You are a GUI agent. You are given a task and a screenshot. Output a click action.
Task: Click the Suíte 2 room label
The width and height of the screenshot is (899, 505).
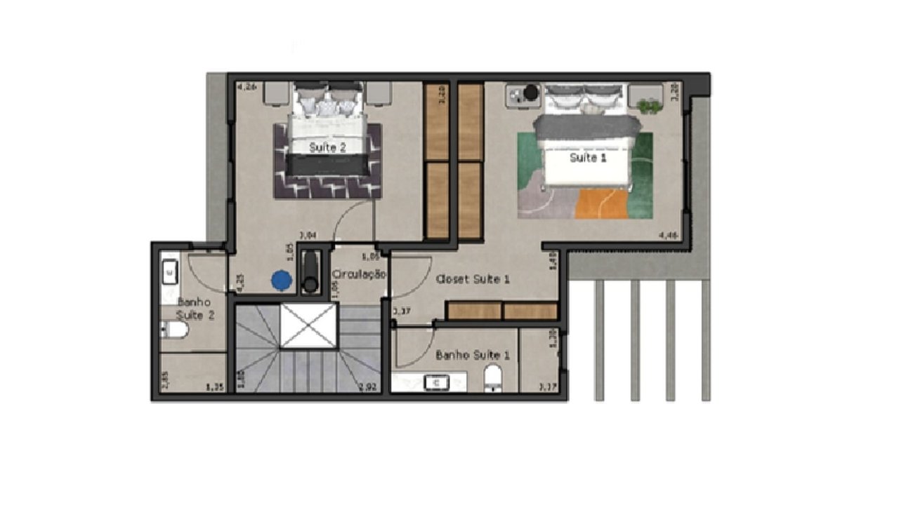[x=328, y=148]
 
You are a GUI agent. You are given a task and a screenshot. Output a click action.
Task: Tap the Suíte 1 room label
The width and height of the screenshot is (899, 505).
[x=587, y=158]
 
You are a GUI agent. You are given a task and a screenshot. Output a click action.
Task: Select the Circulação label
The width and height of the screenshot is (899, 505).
[x=359, y=274]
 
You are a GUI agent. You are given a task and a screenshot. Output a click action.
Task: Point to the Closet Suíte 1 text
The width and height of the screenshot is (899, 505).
[x=473, y=279]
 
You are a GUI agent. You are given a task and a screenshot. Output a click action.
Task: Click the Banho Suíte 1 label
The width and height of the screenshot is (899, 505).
[x=473, y=356]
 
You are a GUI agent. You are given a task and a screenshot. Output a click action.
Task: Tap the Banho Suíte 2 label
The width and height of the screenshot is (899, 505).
[x=195, y=308]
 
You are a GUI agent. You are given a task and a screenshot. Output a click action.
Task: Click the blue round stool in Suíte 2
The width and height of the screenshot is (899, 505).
[x=282, y=280]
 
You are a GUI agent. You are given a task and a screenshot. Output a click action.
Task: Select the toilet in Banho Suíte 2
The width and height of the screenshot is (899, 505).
[x=173, y=329]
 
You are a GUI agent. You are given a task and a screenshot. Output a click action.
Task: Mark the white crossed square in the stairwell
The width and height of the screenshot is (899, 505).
[x=309, y=326]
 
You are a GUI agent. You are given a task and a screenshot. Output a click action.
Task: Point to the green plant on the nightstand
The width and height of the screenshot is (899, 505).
[x=649, y=107]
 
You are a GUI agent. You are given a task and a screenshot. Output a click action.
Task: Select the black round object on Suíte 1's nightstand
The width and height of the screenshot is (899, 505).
[x=530, y=92]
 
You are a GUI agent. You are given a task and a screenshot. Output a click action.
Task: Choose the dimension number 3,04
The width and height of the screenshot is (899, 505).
[x=307, y=236]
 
